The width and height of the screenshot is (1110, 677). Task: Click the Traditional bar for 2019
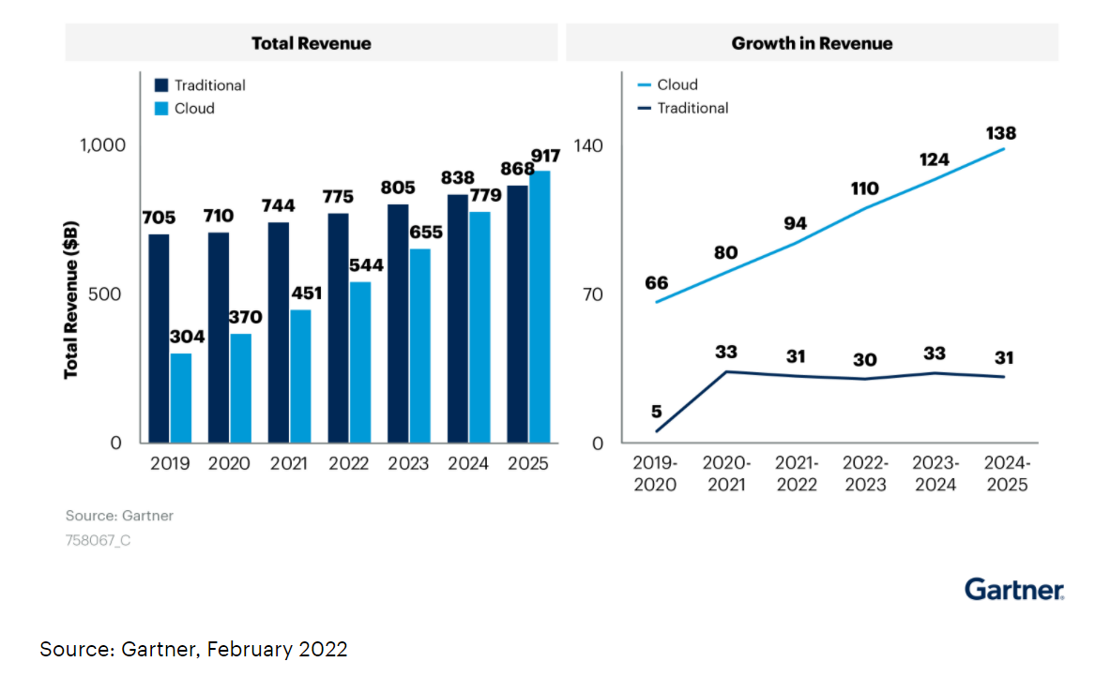point(159,338)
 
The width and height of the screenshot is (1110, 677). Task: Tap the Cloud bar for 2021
point(300,376)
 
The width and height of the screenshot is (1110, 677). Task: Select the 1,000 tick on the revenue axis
point(101,145)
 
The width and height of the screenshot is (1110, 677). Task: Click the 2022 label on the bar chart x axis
point(348,463)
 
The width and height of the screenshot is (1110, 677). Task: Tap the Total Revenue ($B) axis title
point(71,300)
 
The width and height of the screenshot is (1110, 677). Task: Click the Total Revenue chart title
point(311,43)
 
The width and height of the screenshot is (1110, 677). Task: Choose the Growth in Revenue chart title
point(812,43)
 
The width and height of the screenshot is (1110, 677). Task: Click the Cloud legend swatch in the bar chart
point(160,109)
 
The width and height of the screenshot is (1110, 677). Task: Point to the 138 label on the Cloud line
point(999,133)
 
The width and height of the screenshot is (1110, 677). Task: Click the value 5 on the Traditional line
point(656,411)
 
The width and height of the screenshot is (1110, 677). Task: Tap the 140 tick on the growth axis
point(588,145)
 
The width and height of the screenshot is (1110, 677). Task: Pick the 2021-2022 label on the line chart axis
point(797,474)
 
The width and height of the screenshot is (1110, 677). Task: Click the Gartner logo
point(1014,589)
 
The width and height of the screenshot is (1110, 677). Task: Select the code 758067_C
point(98,540)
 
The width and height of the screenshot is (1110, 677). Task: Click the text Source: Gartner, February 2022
point(193,649)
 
